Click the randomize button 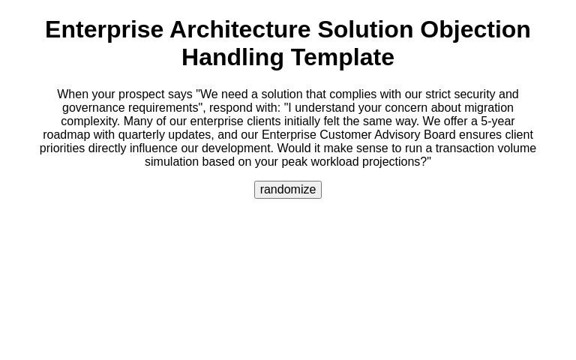pos(288,190)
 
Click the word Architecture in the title pos(240,29)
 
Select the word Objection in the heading pos(475,29)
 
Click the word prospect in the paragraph pos(141,94)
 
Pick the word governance pos(93,108)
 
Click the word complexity pos(88,121)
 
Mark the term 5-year pos(498,121)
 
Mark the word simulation pos(172,162)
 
